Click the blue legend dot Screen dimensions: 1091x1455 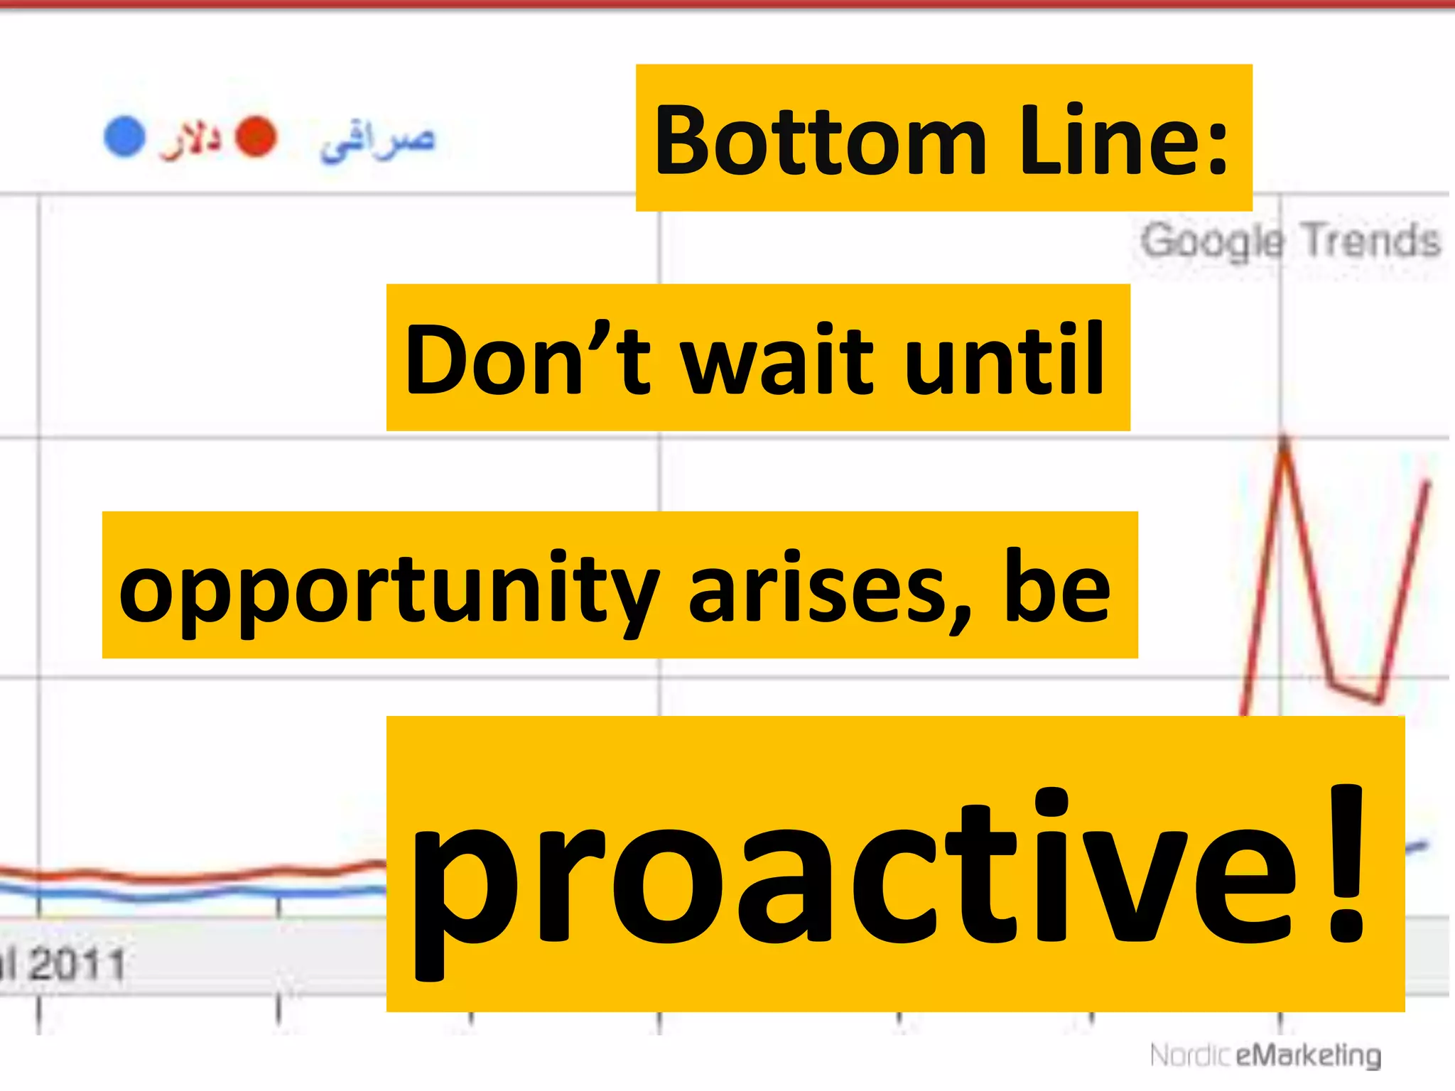tap(125, 136)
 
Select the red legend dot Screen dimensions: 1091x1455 tap(256, 136)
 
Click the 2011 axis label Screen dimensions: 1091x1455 tap(77, 965)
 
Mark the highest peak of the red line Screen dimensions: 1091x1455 tap(1284, 440)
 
